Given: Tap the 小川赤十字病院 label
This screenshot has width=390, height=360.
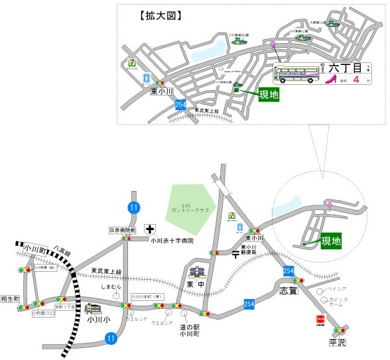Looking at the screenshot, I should click(172, 241).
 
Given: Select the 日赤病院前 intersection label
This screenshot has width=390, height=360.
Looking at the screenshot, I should click(123, 230).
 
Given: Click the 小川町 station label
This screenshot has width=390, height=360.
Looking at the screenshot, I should click(32, 251).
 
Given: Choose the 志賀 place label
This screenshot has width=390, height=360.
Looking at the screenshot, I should click(289, 290).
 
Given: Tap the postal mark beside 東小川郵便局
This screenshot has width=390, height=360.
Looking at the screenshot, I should click(235, 254).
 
